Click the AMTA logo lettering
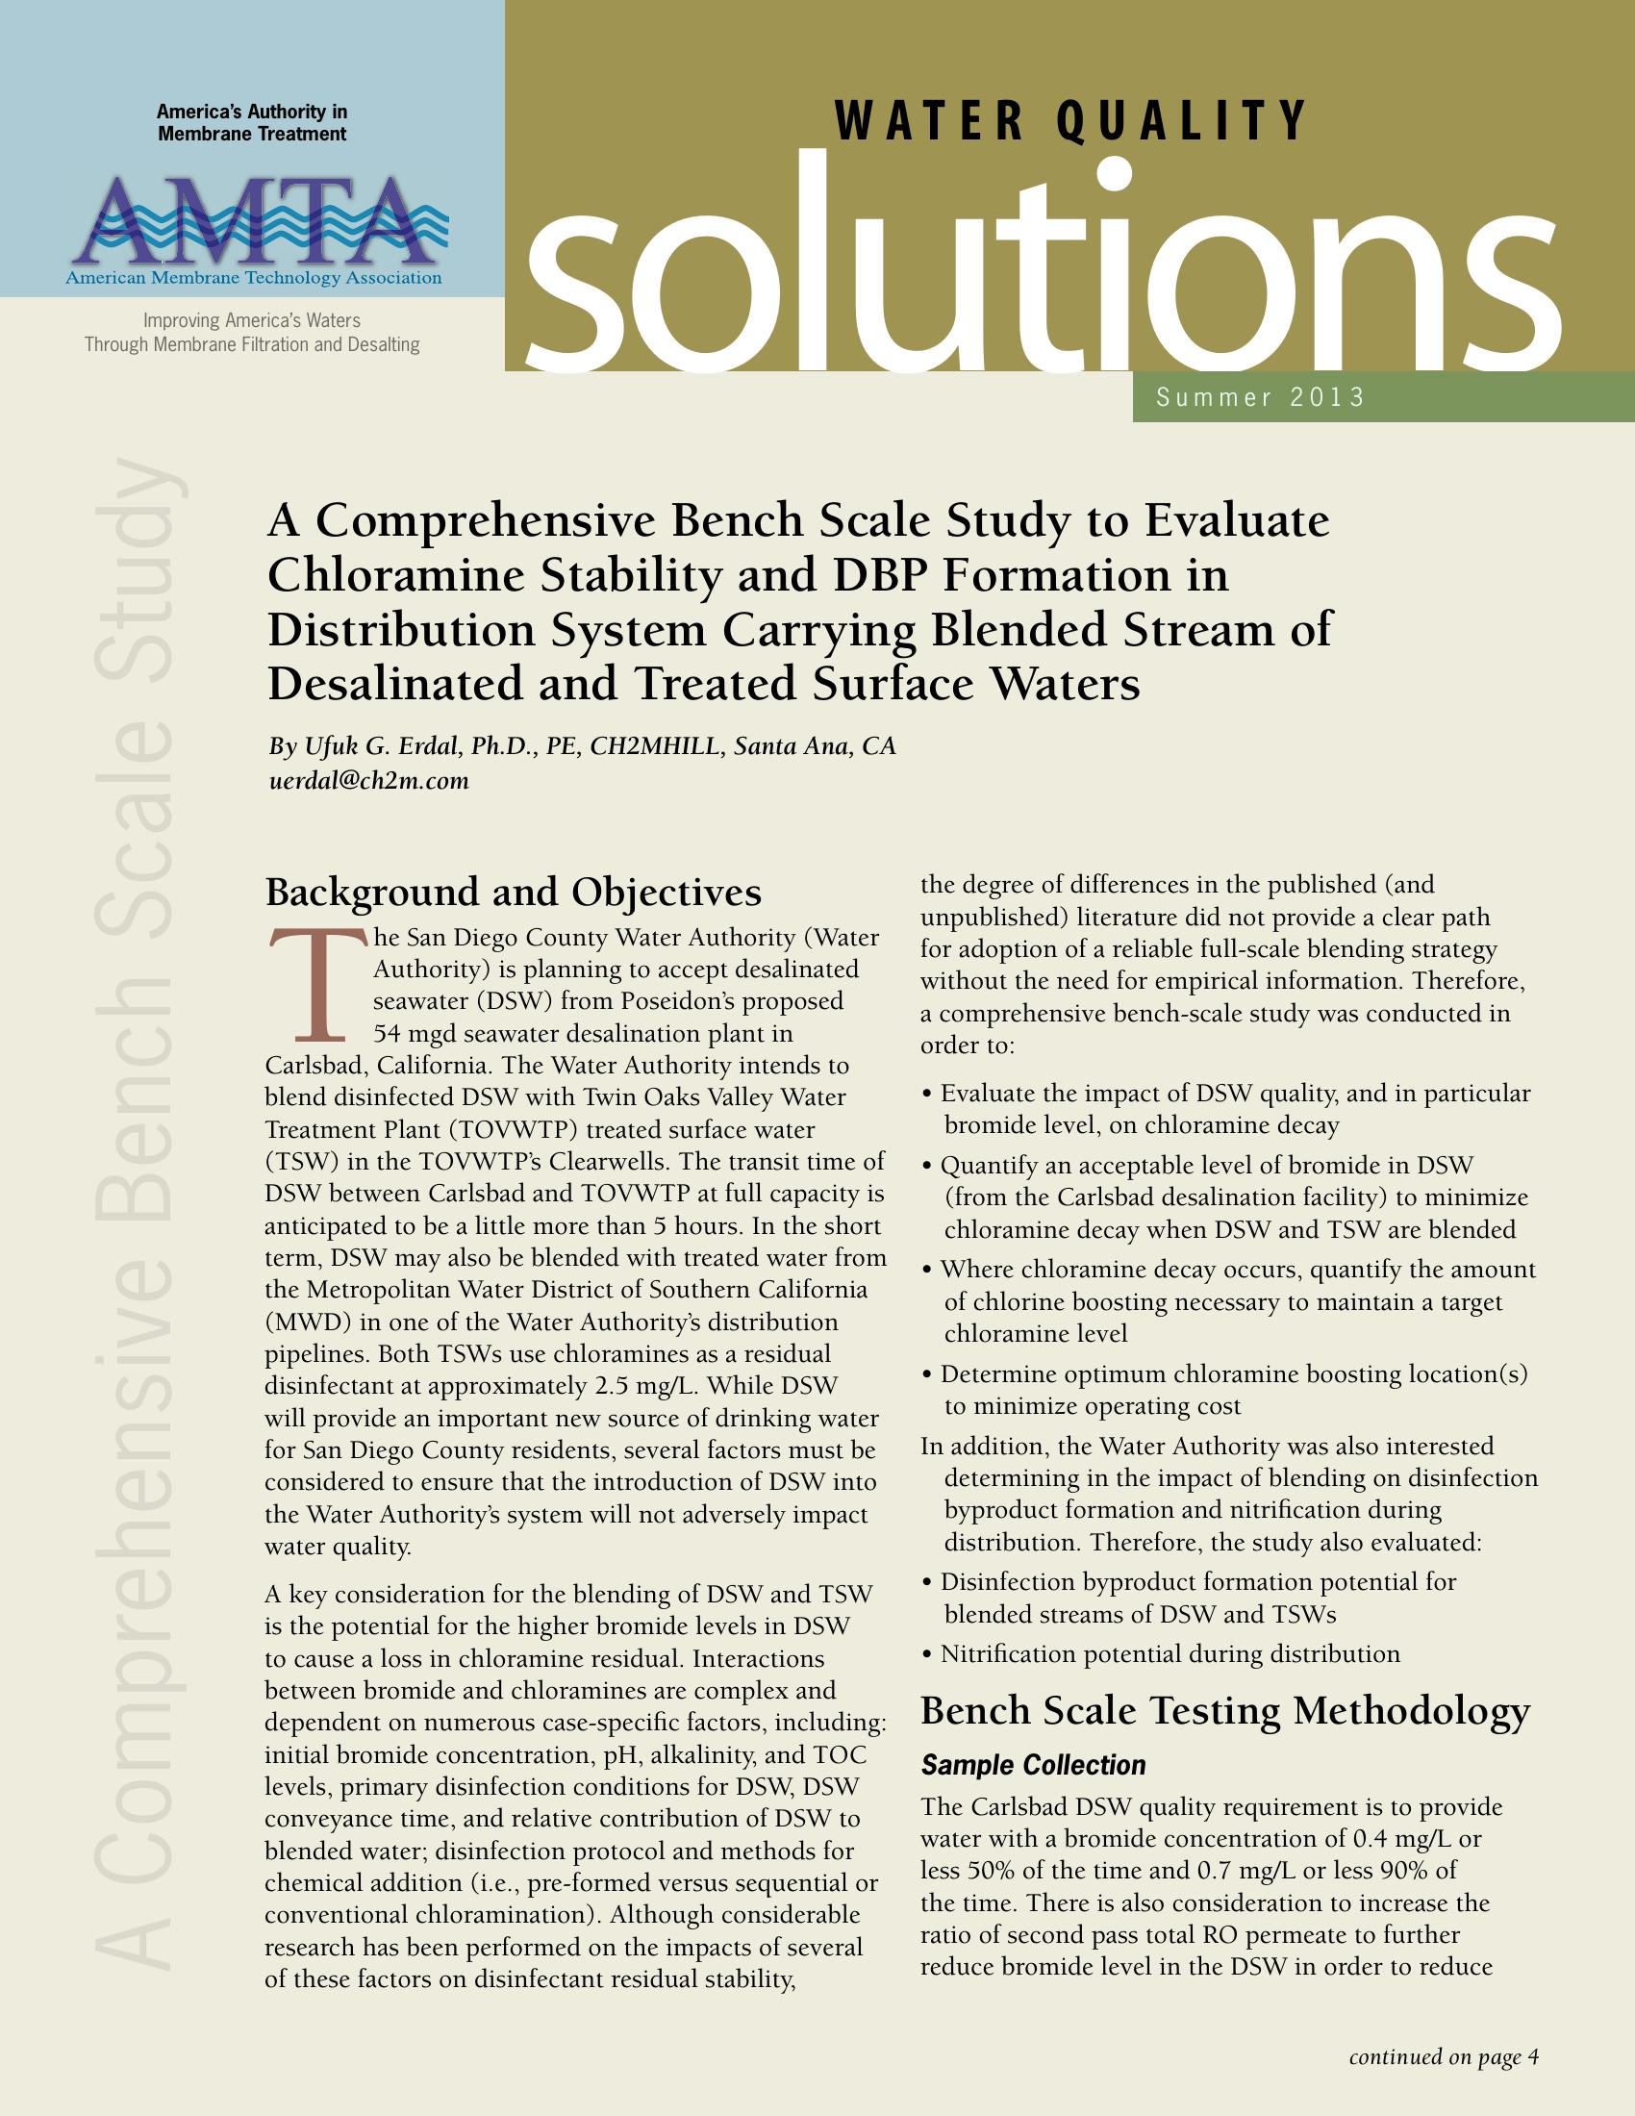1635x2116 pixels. tap(254, 221)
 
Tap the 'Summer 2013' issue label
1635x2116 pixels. tap(1260, 397)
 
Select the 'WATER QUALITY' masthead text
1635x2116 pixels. tap(1070, 120)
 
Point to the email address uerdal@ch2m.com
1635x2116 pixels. tap(368, 781)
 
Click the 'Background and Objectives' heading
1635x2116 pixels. tap(514, 892)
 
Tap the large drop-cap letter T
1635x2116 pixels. tap(316, 981)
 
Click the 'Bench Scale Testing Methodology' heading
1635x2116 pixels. tap(1225, 1711)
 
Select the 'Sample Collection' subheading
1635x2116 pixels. tap(1033, 1765)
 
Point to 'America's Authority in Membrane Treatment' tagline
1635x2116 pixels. tap(252, 123)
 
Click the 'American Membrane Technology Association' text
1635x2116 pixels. tap(254, 279)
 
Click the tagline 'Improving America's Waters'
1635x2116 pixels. tap(252, 320)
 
